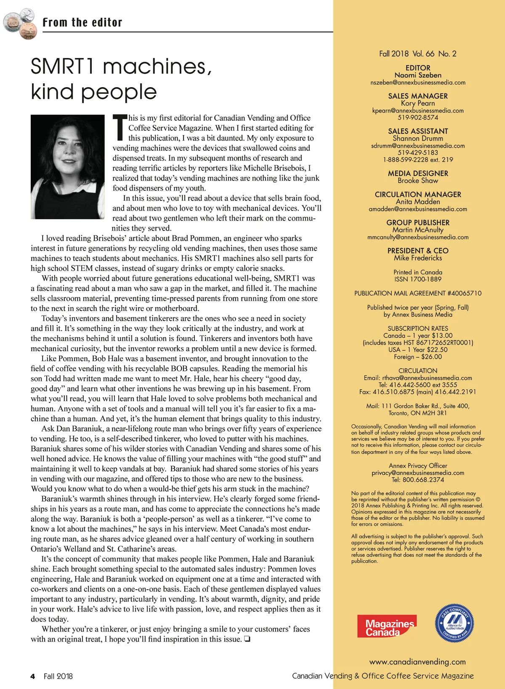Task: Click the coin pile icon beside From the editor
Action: pyautogui.click(x=19, y=24)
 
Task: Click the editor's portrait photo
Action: pyautogui.click(x=67, y=167)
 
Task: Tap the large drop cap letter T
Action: pyautogui.click(x=120, y=127)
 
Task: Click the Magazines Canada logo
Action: pyautogui.click(x=386, y=626)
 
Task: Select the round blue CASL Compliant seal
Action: pyautogui.click(x=454, y=623)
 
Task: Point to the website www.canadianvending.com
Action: pyautogui.click(x=417, y=662)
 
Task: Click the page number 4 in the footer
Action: pyautogui.click(x=32, y=676)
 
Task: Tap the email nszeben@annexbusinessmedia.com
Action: pyautogui.click(x=418, y=82)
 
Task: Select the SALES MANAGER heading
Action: pyautogui.click(x=418, y=96)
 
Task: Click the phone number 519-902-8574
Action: pyautogui.click(x=418, y=117)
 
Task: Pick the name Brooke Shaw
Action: pyautogui.click(x=418, y=181)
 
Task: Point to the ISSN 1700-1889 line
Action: pyautogui.click(x=418, y=279)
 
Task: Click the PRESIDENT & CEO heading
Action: pyautogui.click(x=418, y=250)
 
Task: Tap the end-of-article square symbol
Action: pyautogui.click(x=247, y=639)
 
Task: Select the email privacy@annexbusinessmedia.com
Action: pyautogui.click(x=418, y=473)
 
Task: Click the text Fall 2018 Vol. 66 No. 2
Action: pyautogui.click(x=418, y=53)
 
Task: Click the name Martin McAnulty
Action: pyautogui.click(x=418, y=230)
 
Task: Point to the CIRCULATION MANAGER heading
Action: pyautogui.click(x=418, y=194)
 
